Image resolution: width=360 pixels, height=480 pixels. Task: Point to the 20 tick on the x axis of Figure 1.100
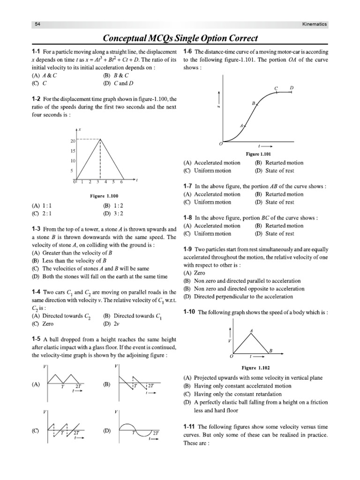point(73,141)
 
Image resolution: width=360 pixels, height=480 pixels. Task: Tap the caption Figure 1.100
point(104,195)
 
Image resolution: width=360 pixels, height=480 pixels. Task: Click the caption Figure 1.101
point(258,153)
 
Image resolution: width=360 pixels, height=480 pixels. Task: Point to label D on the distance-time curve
point(292,88)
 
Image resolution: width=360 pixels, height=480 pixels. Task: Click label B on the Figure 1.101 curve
point(253,103)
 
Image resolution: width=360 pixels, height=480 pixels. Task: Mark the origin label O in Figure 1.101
point(221,143)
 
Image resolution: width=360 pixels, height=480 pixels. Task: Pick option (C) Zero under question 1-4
point(42,323)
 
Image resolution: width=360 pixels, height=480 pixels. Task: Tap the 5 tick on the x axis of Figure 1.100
point(114,181)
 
